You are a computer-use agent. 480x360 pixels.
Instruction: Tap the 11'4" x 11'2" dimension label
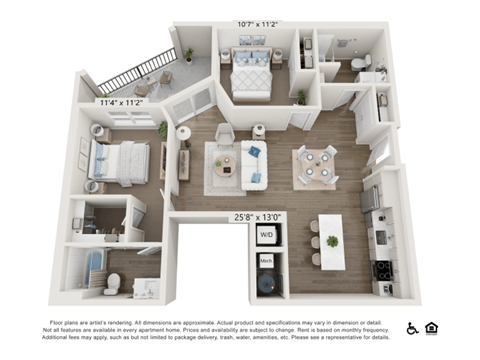(x=120, y=102)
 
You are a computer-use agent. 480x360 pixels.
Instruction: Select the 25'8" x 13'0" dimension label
(x=258, y=217)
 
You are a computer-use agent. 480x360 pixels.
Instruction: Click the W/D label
(x=266, y=235)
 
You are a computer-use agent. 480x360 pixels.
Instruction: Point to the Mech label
(x=266, y=260)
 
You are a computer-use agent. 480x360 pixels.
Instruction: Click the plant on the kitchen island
(x=332, y=241)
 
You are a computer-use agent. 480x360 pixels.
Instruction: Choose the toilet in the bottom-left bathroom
(x=112, y=284)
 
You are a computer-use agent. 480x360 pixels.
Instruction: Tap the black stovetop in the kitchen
(x=382, y=269)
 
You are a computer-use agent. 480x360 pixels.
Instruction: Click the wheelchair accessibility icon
(x=412, y=328)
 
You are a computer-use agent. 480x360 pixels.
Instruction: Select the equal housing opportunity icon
(x=431, y=328)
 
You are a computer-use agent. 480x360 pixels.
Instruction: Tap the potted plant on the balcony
(x=188, y=54)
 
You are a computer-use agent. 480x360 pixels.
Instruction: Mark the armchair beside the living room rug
(x=225, y=134)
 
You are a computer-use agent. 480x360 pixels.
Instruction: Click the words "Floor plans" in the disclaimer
(x=65, y=322)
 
